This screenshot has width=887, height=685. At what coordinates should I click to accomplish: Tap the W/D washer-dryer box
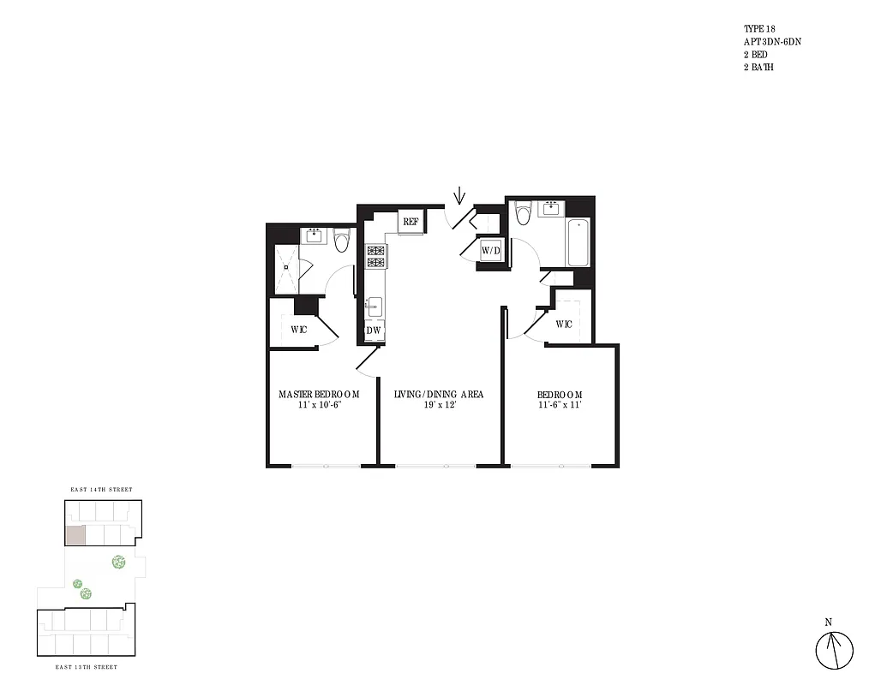[490, 250]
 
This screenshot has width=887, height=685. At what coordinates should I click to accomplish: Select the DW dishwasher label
[374, 331]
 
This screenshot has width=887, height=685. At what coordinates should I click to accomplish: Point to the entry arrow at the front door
[459, 196]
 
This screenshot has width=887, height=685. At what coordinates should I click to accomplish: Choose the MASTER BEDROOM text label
[319, 394]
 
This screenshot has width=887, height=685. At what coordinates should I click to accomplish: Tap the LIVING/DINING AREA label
[439, 394]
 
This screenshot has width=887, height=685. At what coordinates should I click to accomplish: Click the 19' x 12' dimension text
[439, 405]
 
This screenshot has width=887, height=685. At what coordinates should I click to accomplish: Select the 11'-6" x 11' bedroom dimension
[560, 405]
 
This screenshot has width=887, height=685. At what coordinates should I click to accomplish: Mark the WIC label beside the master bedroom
[298, 330]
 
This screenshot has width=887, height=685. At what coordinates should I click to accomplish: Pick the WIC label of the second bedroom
[564, 324]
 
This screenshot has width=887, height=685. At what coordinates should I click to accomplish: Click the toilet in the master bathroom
[342, 241]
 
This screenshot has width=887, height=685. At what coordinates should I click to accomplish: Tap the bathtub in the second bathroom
[578, 242]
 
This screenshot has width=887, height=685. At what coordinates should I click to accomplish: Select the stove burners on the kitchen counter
[375, 258]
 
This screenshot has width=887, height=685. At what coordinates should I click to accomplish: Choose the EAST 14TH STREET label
[101, 490]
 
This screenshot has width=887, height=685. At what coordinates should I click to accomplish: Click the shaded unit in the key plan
[75, 535]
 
